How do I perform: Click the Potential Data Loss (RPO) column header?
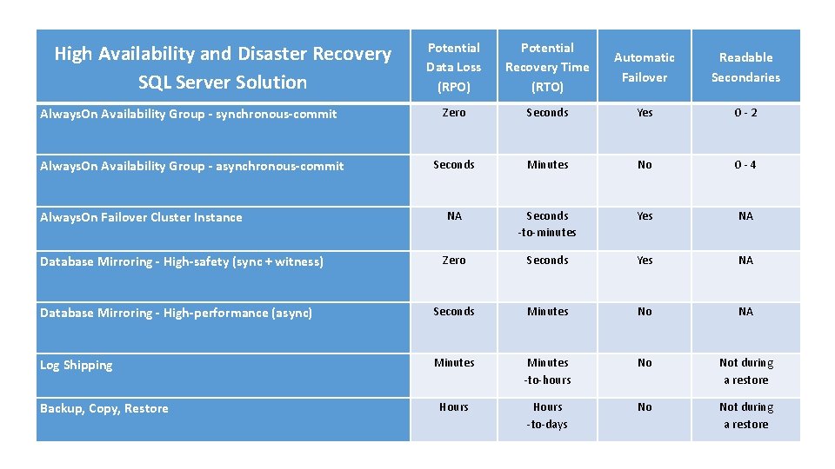[453, 67]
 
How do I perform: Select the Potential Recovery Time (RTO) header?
[547, 67]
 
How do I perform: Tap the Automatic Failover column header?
[644, 67]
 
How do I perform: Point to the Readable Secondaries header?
[745, 67]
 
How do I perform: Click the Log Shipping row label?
[77, 365]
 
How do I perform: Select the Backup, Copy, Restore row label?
[104, 408]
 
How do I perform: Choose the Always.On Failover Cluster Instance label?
[141, 217]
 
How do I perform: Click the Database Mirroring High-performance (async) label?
[176, 313]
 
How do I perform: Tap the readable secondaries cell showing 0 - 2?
[745, 113]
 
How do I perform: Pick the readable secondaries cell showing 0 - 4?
[745, 165]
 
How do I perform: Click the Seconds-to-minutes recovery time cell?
[547, 224]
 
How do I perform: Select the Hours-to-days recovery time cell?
[547, 415]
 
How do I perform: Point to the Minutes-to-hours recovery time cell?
[547, 371]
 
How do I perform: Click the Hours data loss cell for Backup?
[453, 406]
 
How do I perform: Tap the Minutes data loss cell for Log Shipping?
[453, 362]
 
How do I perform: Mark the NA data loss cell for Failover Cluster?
[453, 216]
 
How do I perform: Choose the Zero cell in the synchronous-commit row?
[453, 113]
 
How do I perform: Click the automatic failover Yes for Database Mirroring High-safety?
[644, 260]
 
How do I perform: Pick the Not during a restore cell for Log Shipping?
[745, 371]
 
